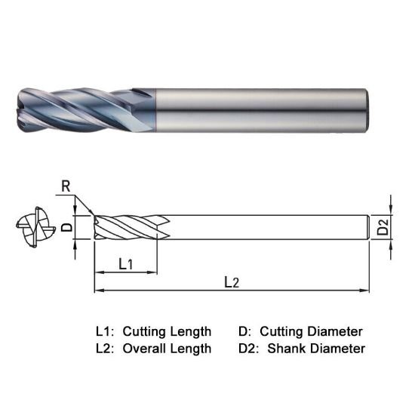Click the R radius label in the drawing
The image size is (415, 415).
[x=66, y=184]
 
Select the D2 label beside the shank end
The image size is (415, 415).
[x=383, y=226]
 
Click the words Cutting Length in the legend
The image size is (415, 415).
[x=167, y=331]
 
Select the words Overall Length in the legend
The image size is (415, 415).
[x=167, y=349]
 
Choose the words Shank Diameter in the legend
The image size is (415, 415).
[x=316, y=349]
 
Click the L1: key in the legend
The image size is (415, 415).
[x=105, y=331]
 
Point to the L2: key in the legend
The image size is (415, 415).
[x=105, y=349]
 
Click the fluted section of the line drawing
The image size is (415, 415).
[x=128, y=226]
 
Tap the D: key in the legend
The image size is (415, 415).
[x=244, y=331]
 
